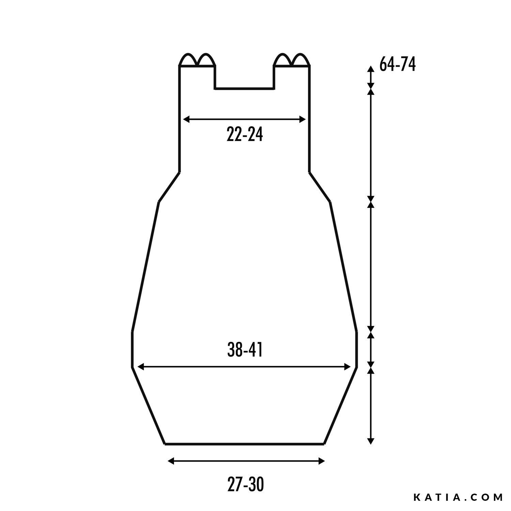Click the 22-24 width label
click(245, 134)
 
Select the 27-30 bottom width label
click(245, 484)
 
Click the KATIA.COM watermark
click(459, 497)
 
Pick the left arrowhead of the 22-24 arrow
click(187, 119)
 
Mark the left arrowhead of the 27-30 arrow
click(171, 461)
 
